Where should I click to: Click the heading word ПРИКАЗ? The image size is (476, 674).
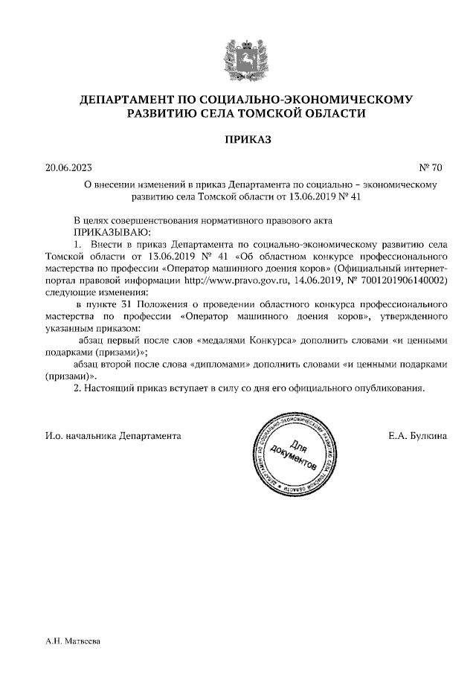pos(237,139)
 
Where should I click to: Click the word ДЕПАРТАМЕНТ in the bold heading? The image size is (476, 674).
pos(127,99)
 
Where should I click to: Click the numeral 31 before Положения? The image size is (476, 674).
pos(115,305)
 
